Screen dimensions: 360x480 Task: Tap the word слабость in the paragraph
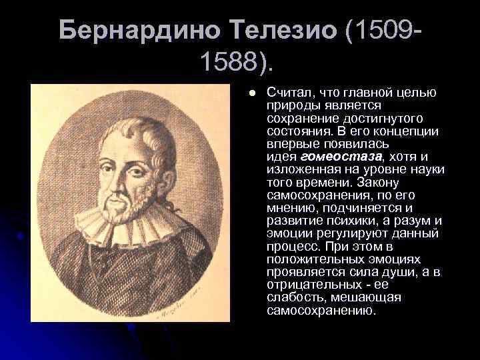coord(291,297)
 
